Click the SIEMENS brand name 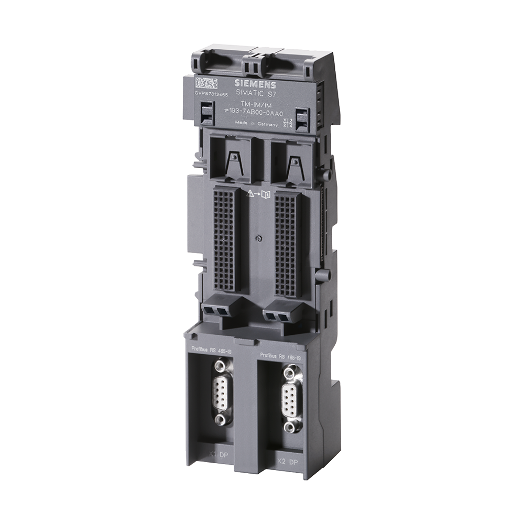coord(254,84)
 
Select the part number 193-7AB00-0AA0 coord(255,113)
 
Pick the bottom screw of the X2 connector coord(290,428)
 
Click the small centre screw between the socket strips coord(257,238)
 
